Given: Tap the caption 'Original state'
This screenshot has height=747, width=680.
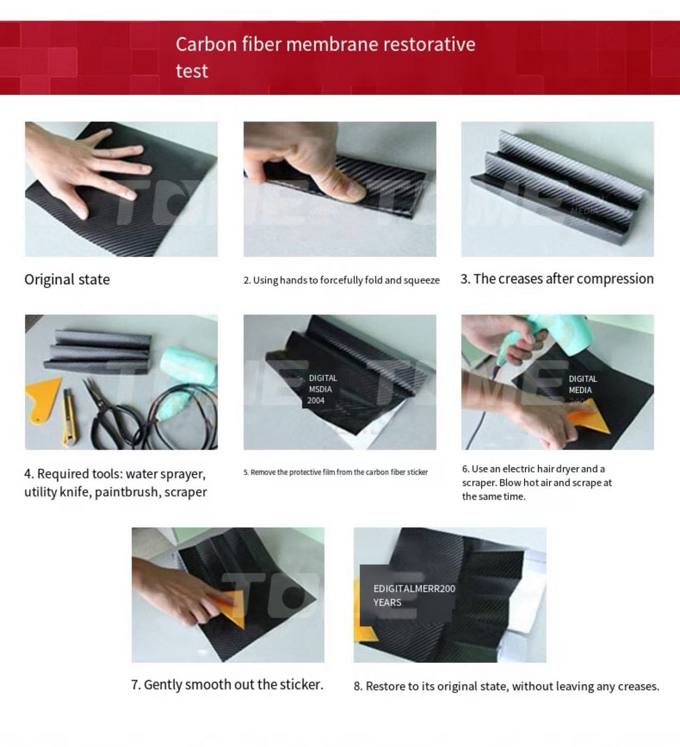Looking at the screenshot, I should [67, 280].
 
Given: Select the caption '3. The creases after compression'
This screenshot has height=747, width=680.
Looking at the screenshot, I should [557, 279].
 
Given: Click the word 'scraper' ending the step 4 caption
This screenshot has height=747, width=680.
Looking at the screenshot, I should [186, 492].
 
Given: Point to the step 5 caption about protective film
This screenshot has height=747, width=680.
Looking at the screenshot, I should [335, 472].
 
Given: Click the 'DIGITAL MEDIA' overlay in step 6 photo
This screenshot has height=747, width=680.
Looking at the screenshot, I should [582, 385].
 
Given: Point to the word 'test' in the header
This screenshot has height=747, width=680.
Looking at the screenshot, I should [192, 71].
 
